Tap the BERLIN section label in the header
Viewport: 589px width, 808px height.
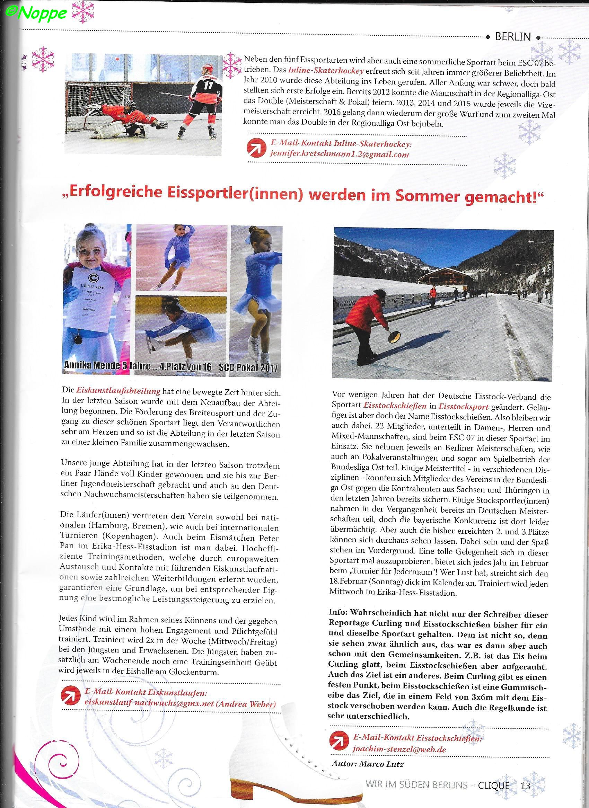click(513, 36)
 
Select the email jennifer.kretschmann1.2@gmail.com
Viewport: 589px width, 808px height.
click(340, 155)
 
